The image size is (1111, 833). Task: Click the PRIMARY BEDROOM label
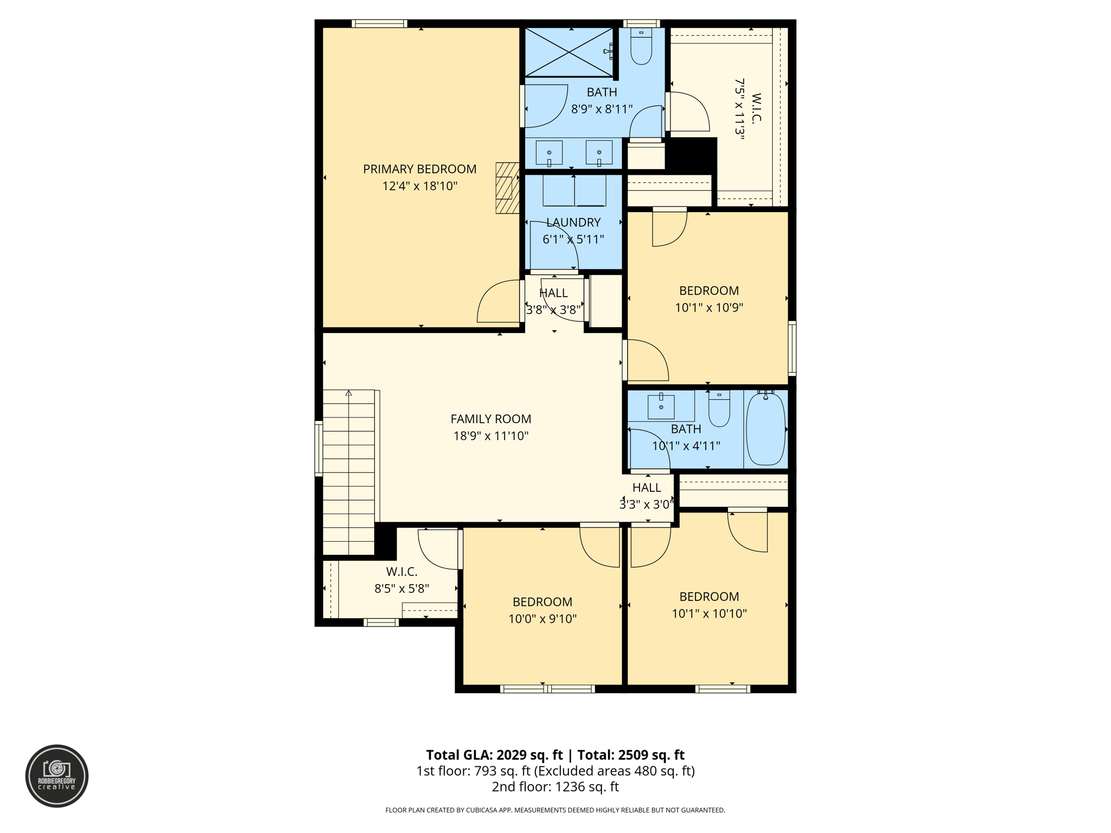[x=419, y=169]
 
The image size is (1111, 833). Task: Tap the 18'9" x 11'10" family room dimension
[x=490, y=436]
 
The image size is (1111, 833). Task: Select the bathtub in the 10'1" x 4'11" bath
[x=765, y=429]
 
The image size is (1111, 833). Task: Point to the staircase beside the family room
[x=348, y=472]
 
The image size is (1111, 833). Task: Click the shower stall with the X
[x=569, y=52]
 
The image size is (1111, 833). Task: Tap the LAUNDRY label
[x=573, y=222]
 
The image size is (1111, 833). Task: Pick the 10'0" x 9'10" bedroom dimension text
[x=542, y=619]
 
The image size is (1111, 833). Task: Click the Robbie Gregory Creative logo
[x=57, y=776]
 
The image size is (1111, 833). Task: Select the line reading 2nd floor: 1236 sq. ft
[x=555, y=787]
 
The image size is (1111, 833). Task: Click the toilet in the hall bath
[x=719, y=409]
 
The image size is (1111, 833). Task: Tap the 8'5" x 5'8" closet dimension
[x=401, y=588]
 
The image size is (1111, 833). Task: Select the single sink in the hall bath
[x=661, y=407]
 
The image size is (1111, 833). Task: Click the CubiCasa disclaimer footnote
[x=555, y=810]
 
